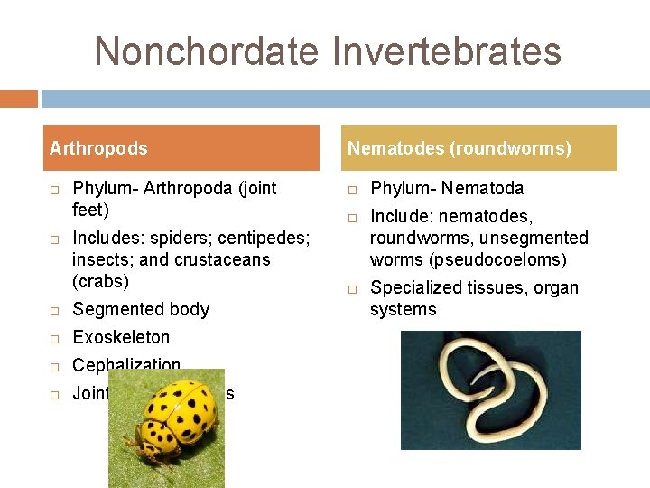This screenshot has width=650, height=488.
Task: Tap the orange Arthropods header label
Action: (98, 148)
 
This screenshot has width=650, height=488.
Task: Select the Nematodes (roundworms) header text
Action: (460, 148)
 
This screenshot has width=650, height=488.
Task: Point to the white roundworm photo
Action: (490, 390)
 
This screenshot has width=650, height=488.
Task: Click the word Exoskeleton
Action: (121, 337)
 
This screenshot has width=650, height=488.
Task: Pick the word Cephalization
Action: (126, 365)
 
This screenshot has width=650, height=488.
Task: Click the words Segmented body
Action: (141, 309)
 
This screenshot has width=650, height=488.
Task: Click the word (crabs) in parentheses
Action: (101, 281)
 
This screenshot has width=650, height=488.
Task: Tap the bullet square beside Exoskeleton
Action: (54, 338)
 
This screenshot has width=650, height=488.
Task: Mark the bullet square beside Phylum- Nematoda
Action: (352, 189)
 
